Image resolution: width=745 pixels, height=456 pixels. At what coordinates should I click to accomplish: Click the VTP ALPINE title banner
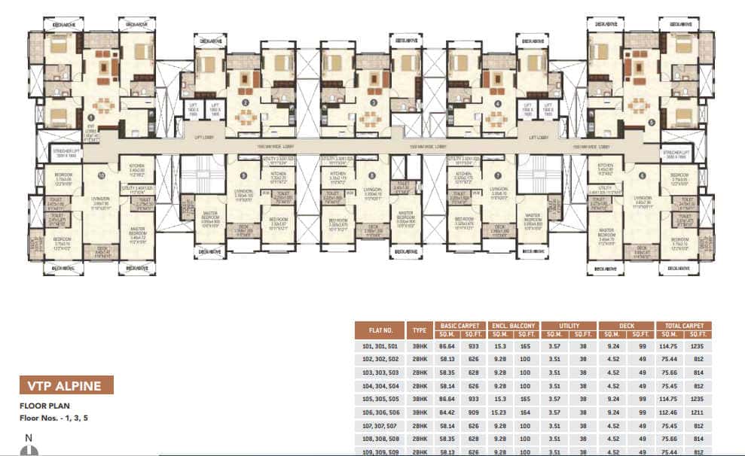pos(66,385)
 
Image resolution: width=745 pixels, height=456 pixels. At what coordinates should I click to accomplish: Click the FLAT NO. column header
pos(380,330)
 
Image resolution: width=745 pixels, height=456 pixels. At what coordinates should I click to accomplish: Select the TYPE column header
pos(419,330)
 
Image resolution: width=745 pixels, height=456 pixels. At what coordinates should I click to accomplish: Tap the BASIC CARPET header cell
pos(460,326)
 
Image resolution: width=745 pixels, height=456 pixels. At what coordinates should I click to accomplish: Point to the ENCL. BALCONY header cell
pos(514,326)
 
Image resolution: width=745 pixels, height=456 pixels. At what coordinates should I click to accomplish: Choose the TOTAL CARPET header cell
pos(683,326)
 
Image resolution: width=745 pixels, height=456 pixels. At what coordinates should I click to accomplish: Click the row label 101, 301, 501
pos(380,345)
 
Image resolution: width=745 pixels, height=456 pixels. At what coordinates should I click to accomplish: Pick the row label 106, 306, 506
pos(380,412)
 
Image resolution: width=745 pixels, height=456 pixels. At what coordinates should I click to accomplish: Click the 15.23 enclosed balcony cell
pos(499,412)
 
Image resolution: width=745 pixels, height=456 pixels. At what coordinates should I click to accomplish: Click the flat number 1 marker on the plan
pos(91,117)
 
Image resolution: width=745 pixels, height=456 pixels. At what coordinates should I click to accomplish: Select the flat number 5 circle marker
pos(652,121)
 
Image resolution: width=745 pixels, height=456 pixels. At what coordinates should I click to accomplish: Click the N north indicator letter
pos(28,437)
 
